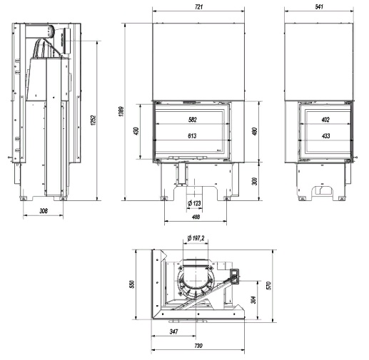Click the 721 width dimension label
[198, 7]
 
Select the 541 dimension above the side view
[319, 7]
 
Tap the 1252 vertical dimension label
[93, 120]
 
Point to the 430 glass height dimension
[136, 131]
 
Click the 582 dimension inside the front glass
[193, 120]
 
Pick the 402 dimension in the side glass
[325, 120]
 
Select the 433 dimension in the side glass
[325, 135]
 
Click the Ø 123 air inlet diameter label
[194, 203]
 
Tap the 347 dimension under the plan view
[173, 331]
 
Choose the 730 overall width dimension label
[198, 346]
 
